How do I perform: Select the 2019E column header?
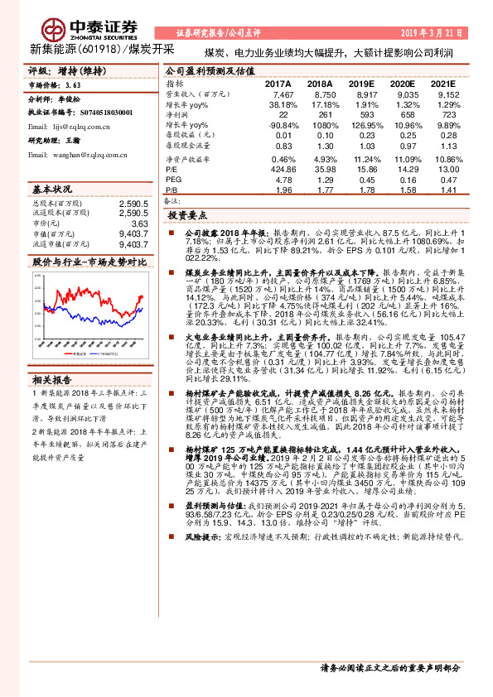point(360,84)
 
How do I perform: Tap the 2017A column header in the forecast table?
point(278,84)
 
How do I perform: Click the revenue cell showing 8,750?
point(320,96)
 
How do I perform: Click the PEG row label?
point(173,178)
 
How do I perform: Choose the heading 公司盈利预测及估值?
point(210,71)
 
